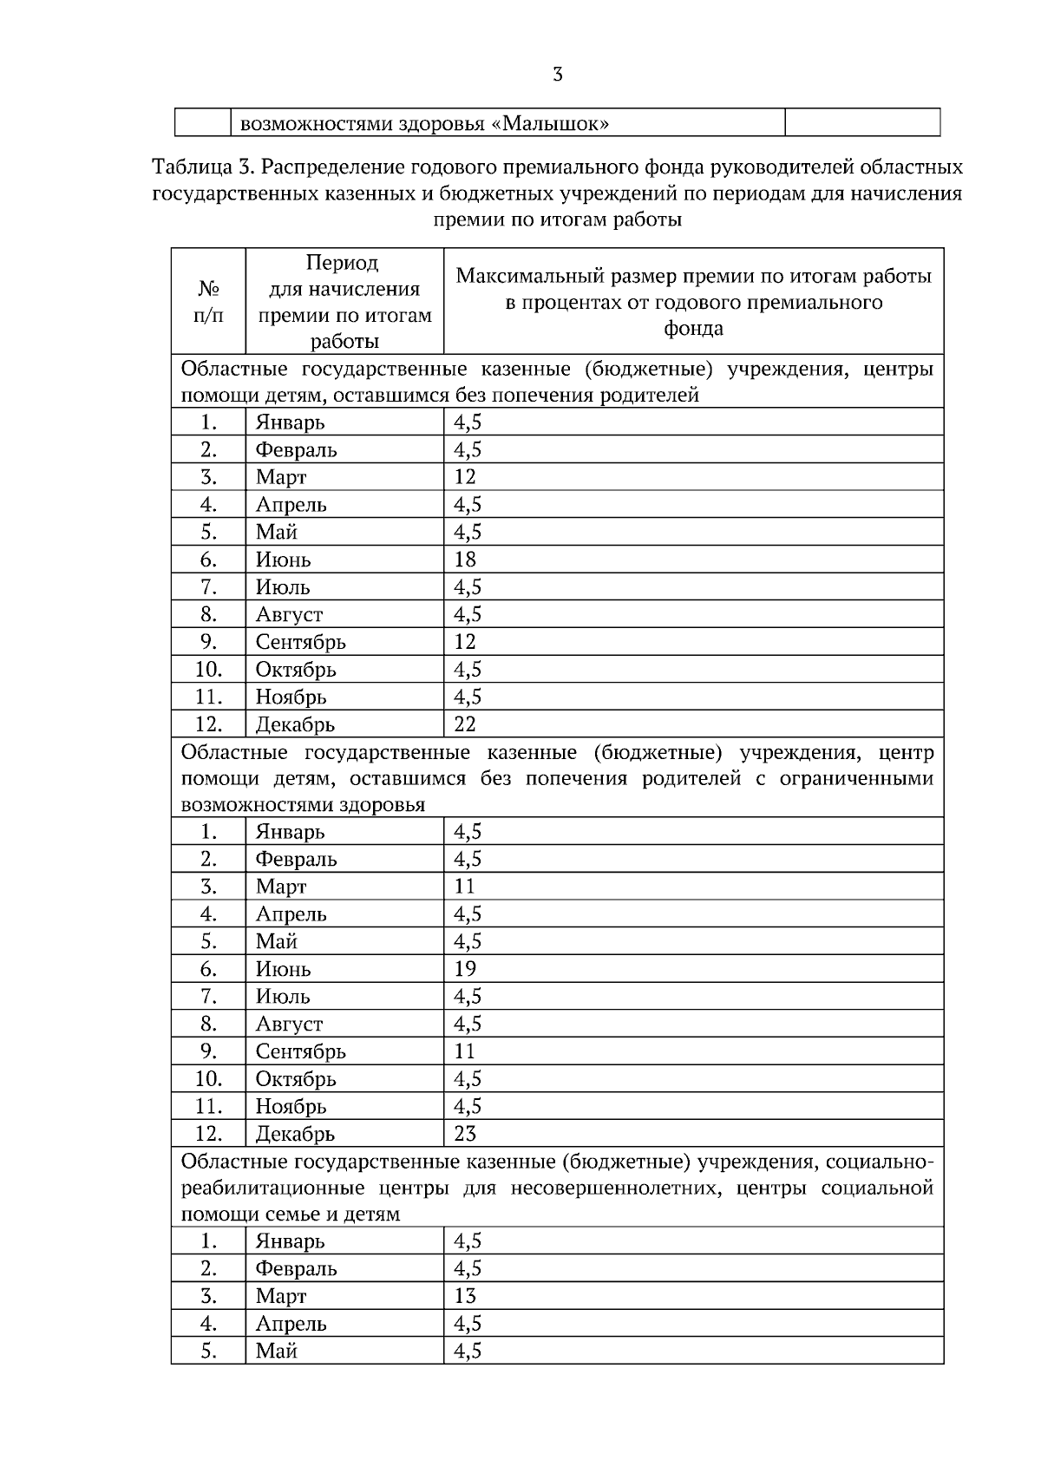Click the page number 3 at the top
557,75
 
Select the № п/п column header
208,301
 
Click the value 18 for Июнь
465,560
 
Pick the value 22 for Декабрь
465,724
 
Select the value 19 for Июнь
465,969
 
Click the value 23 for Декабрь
465,1134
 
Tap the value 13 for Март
465,1296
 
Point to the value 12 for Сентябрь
465,642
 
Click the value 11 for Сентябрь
465,1051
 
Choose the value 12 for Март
465,477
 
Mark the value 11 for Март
465,887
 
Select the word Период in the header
342,263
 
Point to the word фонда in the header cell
693,329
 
